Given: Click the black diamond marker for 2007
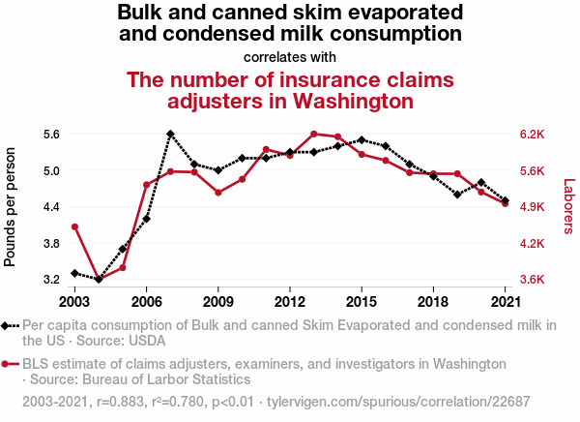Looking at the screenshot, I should click(170, 135).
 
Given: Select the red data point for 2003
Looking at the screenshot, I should click(74, 227).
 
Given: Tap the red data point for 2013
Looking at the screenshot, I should click(314, 134).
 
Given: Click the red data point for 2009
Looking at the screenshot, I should click(218, 193).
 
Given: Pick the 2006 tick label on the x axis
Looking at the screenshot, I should click(146, 290).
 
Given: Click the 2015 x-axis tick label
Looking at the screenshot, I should click(362, 290).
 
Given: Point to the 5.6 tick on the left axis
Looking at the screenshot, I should click(51, 135).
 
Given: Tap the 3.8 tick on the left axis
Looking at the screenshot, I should click(51, 243).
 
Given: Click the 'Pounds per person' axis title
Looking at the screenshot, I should click(12, 207).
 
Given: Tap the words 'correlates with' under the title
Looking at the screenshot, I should click(290, 56).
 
